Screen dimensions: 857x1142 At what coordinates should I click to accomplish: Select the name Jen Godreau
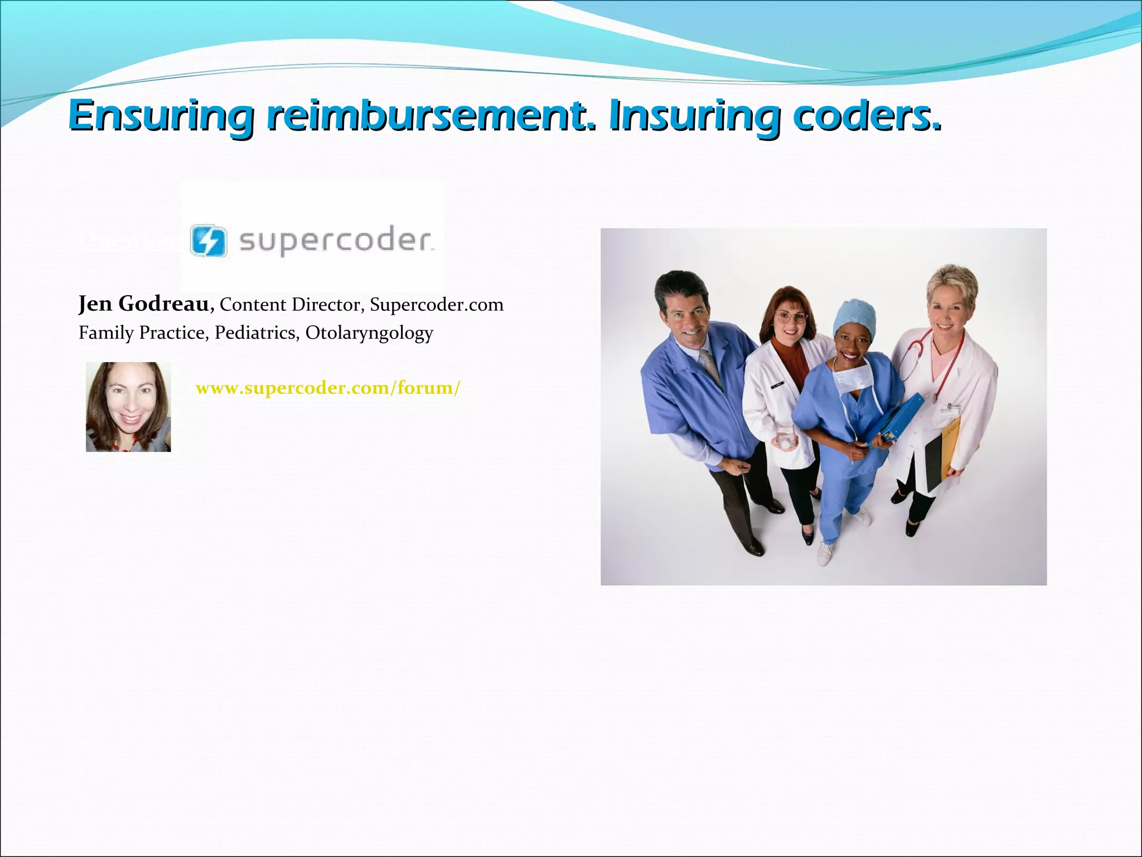[x=144, y=304]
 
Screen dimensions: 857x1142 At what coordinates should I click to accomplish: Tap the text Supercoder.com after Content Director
[x=437, y=305]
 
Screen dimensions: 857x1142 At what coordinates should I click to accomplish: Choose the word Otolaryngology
[x=369, y=333]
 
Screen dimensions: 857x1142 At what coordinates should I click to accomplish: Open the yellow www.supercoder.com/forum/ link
[x=328, y=388]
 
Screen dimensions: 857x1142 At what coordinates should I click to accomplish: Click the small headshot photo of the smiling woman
[x=128, y=407]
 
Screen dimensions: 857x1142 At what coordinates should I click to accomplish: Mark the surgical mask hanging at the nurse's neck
[x=853, y=375]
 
